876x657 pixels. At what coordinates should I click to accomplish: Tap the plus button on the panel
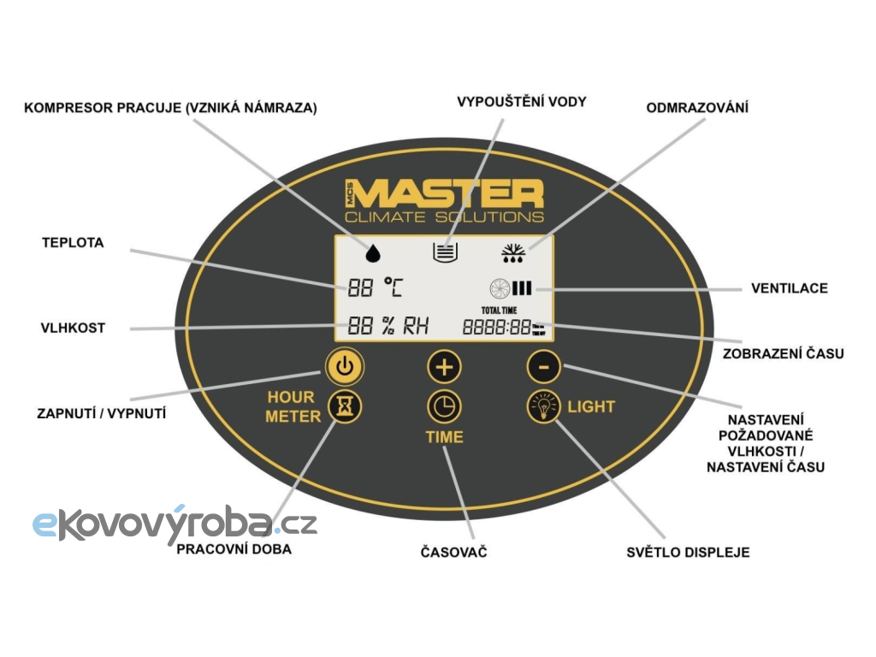point(444,367)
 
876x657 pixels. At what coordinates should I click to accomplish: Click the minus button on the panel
point(543,367)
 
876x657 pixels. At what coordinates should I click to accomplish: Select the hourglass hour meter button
point(345,406)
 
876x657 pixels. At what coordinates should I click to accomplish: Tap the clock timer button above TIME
point(444,406)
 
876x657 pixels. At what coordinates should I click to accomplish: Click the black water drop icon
point(373,253)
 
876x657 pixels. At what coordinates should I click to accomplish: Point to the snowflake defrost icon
point(513,253)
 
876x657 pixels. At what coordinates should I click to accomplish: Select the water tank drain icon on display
point(445,252)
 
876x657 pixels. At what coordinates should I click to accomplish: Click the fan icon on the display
point(500,288)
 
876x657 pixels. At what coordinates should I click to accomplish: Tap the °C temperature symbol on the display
point(394,287)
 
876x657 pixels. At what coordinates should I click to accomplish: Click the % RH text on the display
point(405,326)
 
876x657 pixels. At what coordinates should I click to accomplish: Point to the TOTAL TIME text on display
point(499,310)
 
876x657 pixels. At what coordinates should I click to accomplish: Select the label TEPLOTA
point(73,243)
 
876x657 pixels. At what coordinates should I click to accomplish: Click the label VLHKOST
point(73,328)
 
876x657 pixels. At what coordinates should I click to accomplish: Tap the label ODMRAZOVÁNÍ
point(697,107)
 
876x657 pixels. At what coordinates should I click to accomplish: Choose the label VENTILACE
point(790,288)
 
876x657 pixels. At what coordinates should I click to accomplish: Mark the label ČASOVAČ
point(453,552)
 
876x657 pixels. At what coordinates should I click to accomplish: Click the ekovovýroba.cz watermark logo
point(175,524)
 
